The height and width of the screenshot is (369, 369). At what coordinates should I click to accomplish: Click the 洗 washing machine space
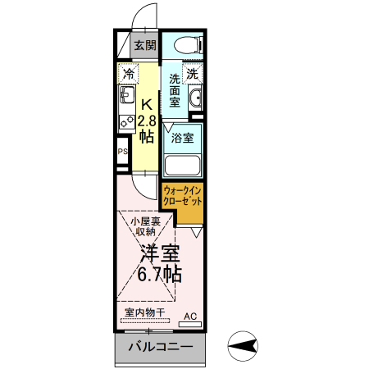click(x=192, y=74)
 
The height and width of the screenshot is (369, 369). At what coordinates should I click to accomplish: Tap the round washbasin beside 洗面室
click(x=195, y=100)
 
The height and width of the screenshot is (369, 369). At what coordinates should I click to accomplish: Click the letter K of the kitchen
click(x=147, y=105)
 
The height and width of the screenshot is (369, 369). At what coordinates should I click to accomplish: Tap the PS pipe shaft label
click(x=123, y=152)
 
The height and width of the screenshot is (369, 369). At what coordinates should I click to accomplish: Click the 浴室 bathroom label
click(x=182, y=137)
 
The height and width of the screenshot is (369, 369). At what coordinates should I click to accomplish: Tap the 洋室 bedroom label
click(x=158, y=253)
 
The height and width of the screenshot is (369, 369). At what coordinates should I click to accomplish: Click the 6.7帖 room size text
click(x=158, y=274)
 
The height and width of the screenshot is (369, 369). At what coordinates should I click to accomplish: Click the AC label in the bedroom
click(x=189, y=316)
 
